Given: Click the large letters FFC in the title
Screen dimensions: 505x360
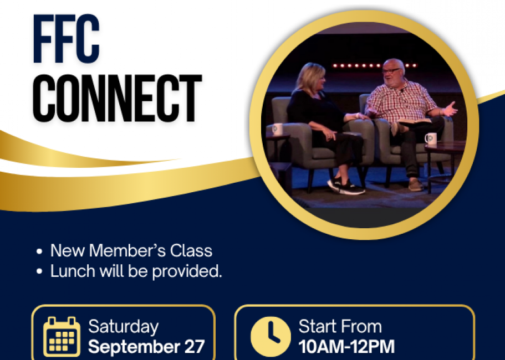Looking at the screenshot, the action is click(66, 39).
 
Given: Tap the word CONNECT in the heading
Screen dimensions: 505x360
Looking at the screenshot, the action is click(117, 98).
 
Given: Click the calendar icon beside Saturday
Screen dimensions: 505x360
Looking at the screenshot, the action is click(62, 337).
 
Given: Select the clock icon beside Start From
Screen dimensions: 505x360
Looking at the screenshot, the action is click(271, 337).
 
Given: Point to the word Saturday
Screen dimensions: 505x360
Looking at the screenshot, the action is click(124, 327).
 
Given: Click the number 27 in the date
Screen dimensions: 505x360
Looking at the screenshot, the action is click(194, 347).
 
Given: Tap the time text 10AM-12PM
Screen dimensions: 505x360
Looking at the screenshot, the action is click(346, 347).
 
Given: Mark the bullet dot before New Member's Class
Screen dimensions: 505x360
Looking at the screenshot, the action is click(39, 251).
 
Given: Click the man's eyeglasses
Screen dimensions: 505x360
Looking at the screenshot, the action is click(391, 71).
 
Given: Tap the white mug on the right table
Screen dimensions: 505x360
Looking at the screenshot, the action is click(431, 138).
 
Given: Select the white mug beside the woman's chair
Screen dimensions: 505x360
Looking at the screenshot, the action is click(277, 130).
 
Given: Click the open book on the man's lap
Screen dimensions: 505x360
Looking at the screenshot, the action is click(415, 121).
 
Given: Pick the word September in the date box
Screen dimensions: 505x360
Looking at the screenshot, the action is click(134, 347).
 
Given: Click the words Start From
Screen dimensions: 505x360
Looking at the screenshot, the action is click(340, 327).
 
